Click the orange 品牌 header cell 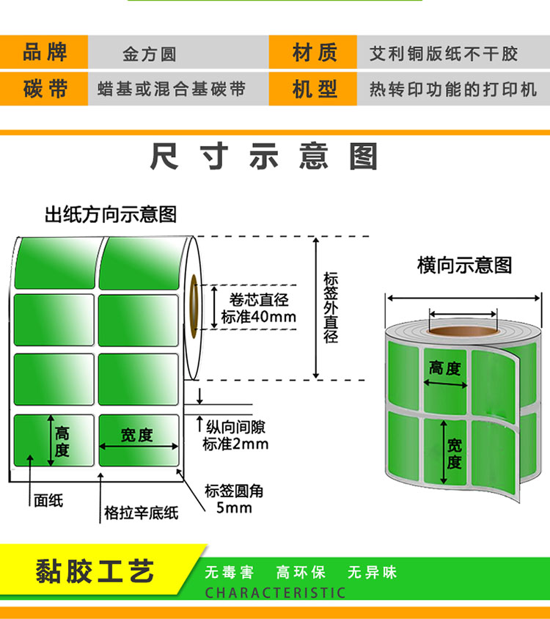click(44, 52)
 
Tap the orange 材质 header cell click(313, 52)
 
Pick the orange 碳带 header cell click(44, 89)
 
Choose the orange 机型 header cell click(313, 89)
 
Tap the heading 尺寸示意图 click(264, 157)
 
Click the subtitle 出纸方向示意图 click(111, 215)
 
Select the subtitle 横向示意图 click(464, 265)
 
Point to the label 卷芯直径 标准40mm click(259, 308)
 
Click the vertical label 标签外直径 click(331, 307)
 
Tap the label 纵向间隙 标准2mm click(235, 436)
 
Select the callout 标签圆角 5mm click(234, 499)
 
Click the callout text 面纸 click(48, 501)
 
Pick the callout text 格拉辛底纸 click(141, 513)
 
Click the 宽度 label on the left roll click(136, 435)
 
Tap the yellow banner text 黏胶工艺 click(95, 571)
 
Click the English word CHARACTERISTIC click(275, 593)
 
